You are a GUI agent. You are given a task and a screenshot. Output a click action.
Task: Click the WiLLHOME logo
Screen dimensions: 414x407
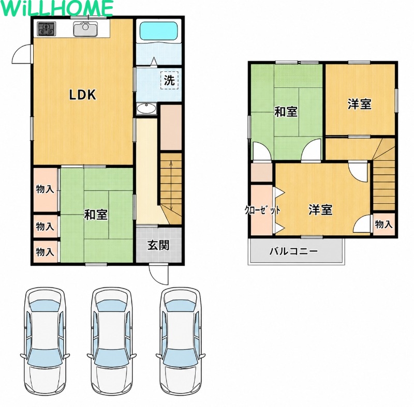click(x=56, y=8)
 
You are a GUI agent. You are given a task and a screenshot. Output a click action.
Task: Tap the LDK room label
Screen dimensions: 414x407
click(x=83, y=95)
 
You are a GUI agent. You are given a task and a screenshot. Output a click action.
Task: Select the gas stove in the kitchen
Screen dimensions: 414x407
click(x=47, y=29)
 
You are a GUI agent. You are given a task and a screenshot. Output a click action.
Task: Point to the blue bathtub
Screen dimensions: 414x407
click(x=158, y=32)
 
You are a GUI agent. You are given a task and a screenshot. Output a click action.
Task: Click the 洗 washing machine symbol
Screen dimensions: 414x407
click(x=169, y=80)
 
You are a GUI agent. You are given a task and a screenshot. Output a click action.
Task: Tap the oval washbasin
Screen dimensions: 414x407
click(x=146, y=109)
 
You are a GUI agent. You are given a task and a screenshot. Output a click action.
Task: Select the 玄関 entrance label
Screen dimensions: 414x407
click(x=158, y=246)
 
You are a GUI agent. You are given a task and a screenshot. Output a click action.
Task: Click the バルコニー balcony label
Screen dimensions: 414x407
click(x=293, y=251)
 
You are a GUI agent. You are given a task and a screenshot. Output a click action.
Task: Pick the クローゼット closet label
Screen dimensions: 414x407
click(x=262, y=210)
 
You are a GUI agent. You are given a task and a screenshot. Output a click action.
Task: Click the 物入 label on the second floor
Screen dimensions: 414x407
click(x=383, y=224)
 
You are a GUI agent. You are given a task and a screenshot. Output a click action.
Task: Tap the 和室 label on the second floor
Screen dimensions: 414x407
click(x=286, y=112)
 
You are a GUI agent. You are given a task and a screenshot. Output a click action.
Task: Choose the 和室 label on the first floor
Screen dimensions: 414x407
click(x=96, y=215)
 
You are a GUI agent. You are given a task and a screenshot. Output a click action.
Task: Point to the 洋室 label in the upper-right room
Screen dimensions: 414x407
click(x=359, y=104)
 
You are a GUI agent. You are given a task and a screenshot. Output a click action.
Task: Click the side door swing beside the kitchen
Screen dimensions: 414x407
click(x=22, y=54)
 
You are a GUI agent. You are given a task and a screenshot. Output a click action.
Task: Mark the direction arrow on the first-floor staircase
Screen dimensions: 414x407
click(x=171, y=186)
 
